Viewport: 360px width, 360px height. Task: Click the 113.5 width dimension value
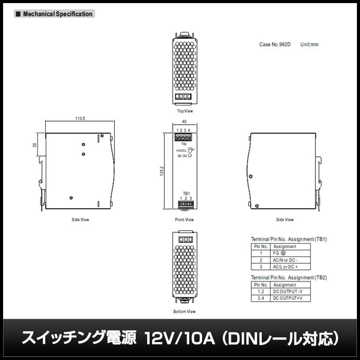(x=80, y=119)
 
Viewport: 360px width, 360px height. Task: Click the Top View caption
(x=185, y=111)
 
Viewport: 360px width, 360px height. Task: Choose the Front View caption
(x=184, y=220)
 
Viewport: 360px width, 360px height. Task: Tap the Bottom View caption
(x=184, y=312)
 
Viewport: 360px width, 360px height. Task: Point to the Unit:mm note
(x=309, y=45)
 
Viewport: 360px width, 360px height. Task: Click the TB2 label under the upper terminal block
(x=184, y=144)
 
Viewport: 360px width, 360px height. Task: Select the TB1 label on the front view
(x=185, y=193)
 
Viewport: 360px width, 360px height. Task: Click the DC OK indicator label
(x=182, y=155)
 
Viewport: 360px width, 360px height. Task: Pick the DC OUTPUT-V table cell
(x=288, y=292)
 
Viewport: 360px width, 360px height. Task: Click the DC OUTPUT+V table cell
(x=288, y=299)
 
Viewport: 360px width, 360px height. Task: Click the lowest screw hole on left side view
(x=71, y=197)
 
